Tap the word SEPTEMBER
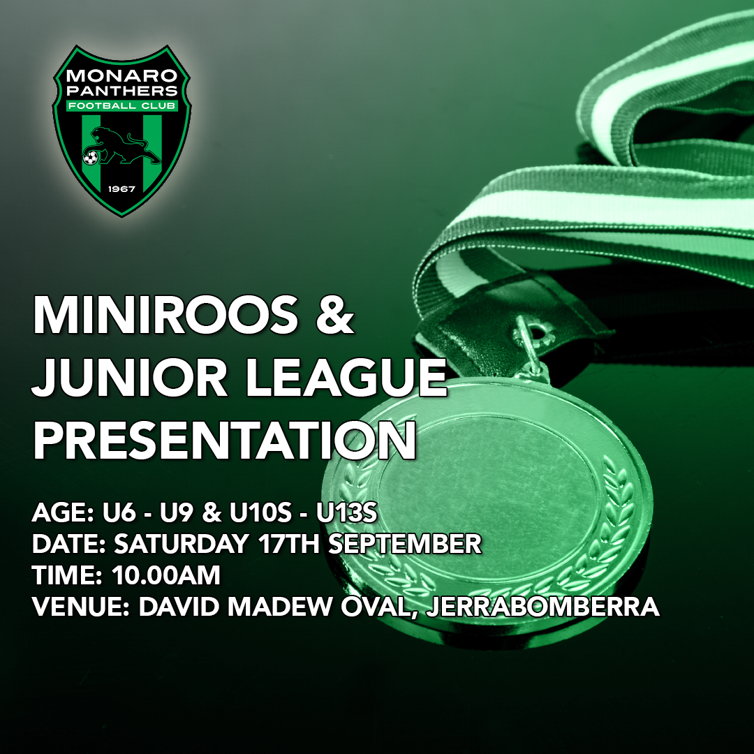(x=404, y=544)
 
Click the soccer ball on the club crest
(x=90, y=158)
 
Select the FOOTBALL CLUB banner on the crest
(x=122, y=107)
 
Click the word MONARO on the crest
(x=122, y=75)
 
